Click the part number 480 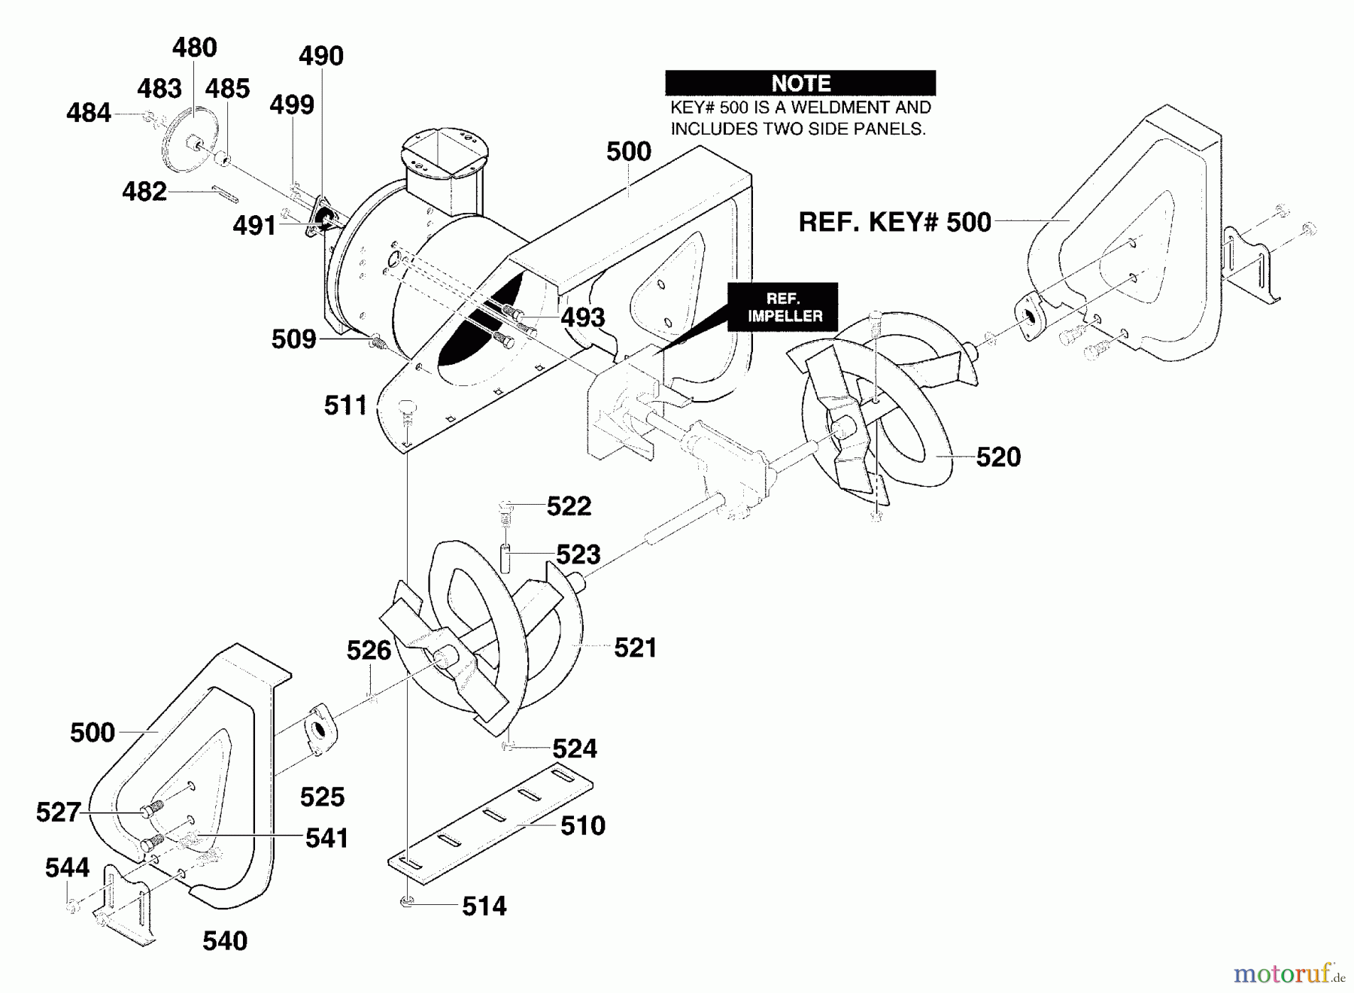pyautogui.click(x=194, y=48)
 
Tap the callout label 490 pyautogui.click(x=321, y=56)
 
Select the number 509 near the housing pyautogui.click(x=293, y=340)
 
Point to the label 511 pyautogui.click(x=345, y=406)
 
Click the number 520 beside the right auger pyautogui.click(x=998, y=457)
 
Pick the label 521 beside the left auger pyautogui.click(x=636, y=648)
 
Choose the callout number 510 pyautogui.click(x=583, y=826)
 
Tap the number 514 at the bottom pyautogui.click(x=484, y=906)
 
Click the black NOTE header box pyautogui.click(x=800, y=83)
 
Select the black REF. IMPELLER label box pyautogui.click(x=782, y=307)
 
